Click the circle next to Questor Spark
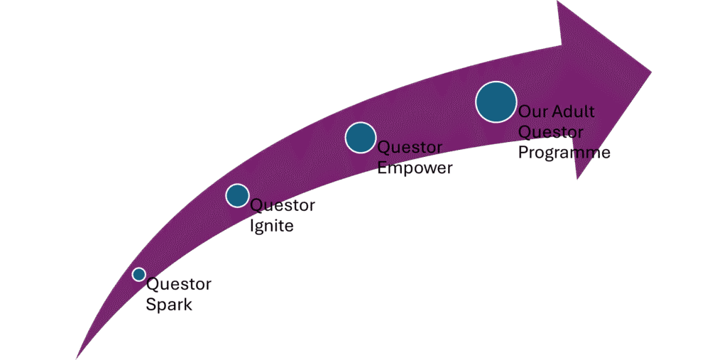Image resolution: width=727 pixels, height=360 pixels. pos(138,274)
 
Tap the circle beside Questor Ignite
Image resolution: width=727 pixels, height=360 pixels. pos(237,195)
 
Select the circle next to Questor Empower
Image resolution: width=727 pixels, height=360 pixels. pos(361,137)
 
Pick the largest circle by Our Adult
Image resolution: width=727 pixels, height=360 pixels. pos(496,102)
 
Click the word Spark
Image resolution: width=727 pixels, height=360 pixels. pos(169,305)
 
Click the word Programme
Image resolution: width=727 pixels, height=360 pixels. pos(564,153)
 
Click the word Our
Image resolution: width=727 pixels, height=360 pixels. pos(531,112)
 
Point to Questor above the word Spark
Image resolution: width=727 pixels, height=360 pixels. pos(178,285)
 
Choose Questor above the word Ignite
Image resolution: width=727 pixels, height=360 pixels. pos(283,206)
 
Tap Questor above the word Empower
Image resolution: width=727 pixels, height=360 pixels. pos(410,148)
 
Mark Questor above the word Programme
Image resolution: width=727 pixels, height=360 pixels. pos(551,132)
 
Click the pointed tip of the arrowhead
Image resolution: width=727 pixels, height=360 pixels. pos(651,70)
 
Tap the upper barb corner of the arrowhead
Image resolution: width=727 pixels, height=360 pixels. pos(558,2)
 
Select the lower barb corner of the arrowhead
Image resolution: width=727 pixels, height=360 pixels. pos(577,179)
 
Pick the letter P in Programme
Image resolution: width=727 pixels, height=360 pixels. pos(523,153)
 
